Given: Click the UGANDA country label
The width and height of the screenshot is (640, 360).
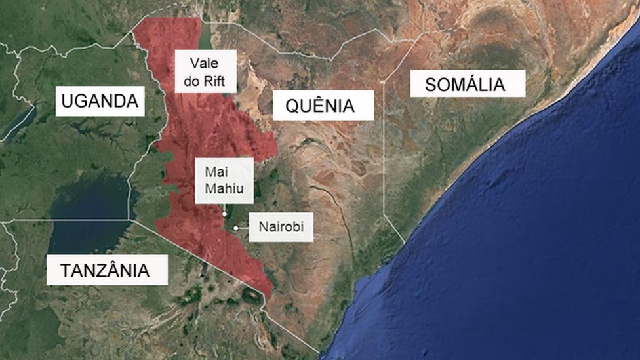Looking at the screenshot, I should pos(100,101).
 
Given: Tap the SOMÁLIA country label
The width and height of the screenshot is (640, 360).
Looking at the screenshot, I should pos(467,85).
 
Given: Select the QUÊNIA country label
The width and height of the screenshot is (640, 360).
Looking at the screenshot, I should pos(321,106).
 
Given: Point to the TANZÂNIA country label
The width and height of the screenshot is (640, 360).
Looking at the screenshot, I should pos(106,270).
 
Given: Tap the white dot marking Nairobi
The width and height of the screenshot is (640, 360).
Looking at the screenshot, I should pos(235,228).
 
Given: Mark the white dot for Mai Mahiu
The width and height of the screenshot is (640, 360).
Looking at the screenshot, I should pos(224,214).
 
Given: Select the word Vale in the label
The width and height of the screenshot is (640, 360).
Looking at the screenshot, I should pos(203,64).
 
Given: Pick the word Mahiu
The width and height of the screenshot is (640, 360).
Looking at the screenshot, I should pos(224,189).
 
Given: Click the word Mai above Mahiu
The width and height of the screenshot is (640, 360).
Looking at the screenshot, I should pos(215,172).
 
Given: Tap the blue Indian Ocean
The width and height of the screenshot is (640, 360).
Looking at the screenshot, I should pos(525,249).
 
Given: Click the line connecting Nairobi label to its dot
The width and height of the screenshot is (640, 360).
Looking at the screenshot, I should pos(243,228).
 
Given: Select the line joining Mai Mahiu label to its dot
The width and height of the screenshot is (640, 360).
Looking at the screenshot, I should pos(224,208).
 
